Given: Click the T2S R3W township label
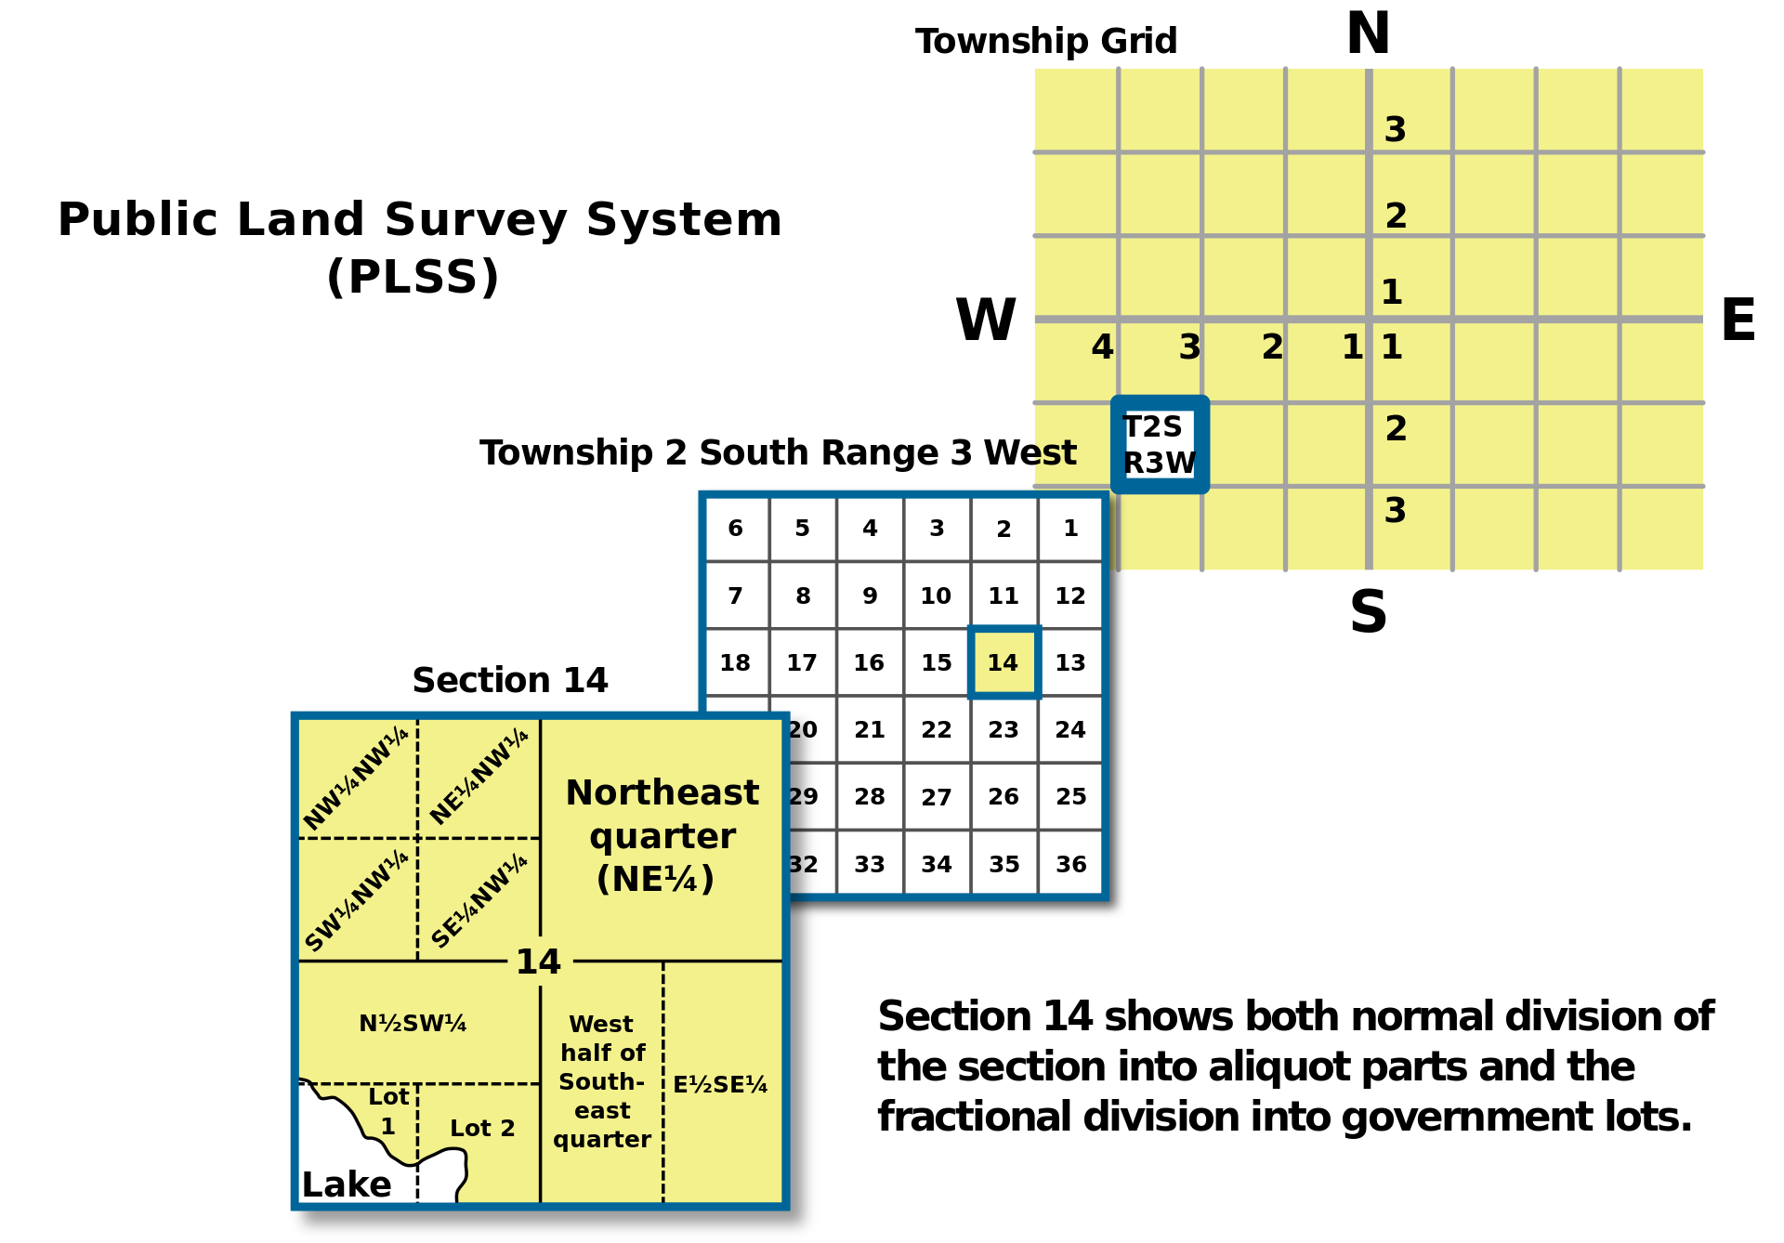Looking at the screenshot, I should [x=1159, y=444].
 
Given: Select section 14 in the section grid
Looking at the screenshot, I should [x=1003, y=662].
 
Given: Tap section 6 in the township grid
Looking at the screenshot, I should [x=735, y=529].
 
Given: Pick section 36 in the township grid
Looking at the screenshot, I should [x=1070, y=865].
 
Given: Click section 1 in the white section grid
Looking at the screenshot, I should [x=1070, y=529].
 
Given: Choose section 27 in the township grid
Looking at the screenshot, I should [x=936, y=797].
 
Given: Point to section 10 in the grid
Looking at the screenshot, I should [x=936, y=595].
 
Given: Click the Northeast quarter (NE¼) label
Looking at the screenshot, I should [x=662, y=835].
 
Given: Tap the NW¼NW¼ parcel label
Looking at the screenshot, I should [x=356, y=779].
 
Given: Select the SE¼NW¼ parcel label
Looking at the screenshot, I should [x=479, y=901].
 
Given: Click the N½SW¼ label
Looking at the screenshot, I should [x=413, y=1024].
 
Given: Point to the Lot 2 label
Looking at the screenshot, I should [x=482, y=1128].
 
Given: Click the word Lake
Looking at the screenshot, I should [x=347, y=1184].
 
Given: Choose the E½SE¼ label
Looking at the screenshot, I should [x=720, y=1085].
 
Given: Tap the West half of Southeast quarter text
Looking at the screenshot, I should [x=602, y=1081].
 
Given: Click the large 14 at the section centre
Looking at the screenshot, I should [x=539, y=962].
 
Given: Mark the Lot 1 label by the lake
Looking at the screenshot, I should [x=388, y=1111].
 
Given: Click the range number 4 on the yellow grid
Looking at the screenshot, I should [x=1102, y=347].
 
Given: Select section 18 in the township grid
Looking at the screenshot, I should [x=735, y=662].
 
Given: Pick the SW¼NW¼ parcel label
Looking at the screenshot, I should [x=356, y=901].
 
